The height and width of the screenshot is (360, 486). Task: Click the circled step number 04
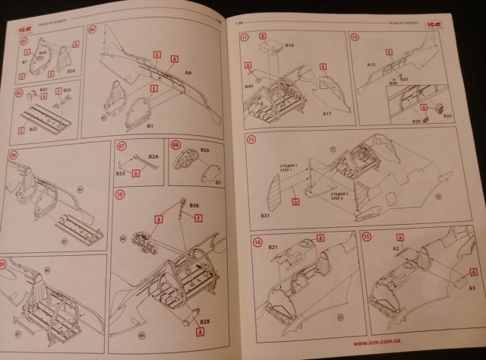pos(93,32)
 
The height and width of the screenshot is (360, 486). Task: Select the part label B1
pos(151,125)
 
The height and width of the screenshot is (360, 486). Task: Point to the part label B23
pos(33,130)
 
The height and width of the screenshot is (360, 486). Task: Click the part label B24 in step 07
pos(153,157)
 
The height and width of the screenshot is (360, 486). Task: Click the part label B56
pos(194,205)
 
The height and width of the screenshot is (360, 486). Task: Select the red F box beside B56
pos(198,219)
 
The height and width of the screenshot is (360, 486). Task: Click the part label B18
pos(289,46)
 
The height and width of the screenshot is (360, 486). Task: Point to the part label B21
pos(270,248)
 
